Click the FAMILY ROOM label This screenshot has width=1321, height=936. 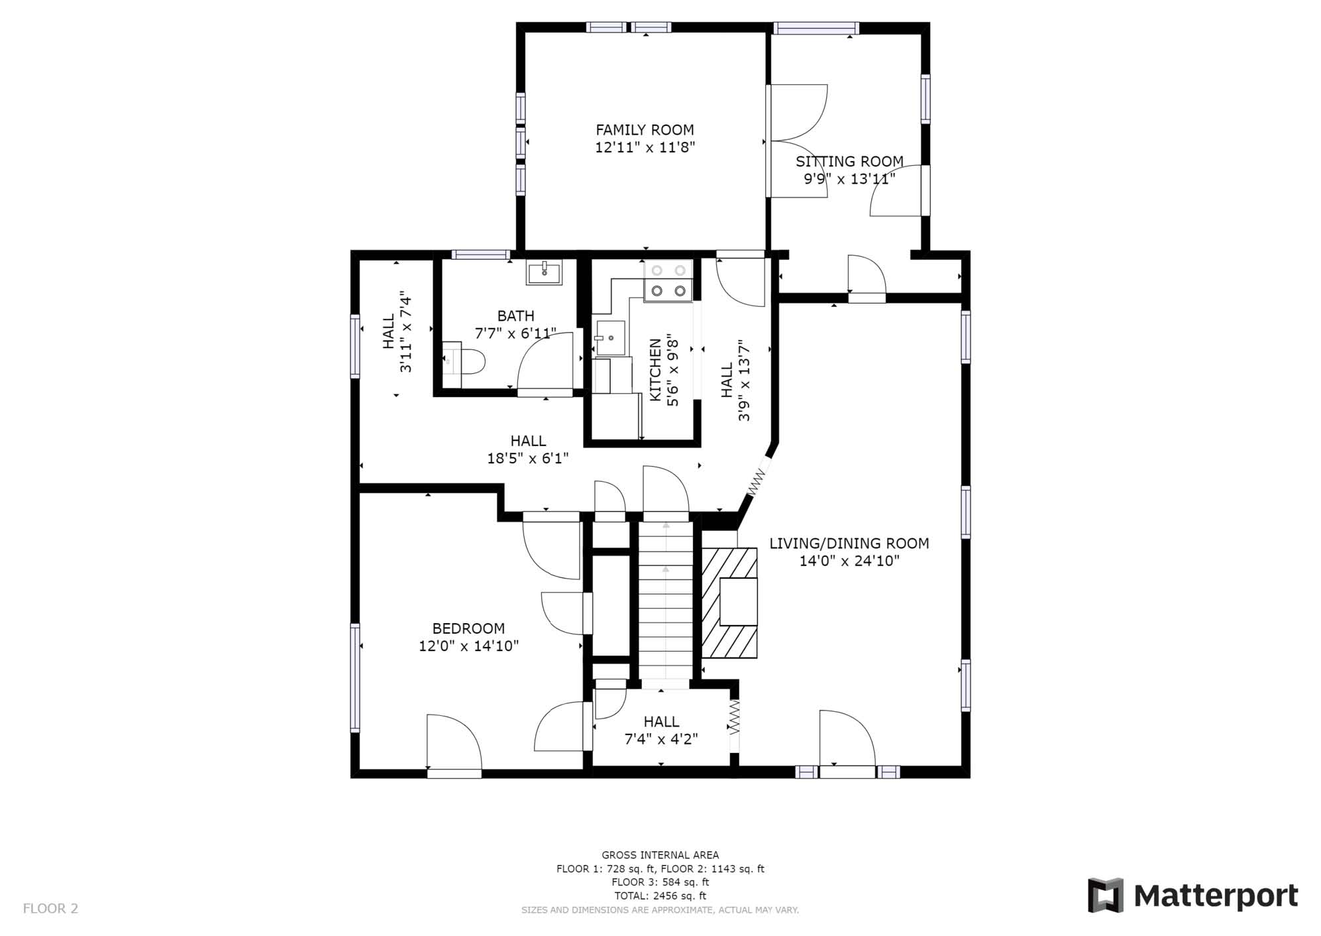645,130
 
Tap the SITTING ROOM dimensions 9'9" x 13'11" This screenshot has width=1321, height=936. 849,179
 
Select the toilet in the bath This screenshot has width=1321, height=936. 464,363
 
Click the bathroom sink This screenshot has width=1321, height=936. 544,272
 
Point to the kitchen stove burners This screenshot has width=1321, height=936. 668,280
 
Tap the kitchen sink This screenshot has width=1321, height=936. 609,338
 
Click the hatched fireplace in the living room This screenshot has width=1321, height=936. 729,603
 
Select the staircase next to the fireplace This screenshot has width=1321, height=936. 665,601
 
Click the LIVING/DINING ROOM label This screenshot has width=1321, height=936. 849,544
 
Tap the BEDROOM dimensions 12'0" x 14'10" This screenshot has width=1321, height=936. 468,646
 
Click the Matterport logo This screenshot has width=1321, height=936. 1192,896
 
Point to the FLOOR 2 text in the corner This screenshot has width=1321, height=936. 50,908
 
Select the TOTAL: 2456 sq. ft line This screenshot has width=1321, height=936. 660,896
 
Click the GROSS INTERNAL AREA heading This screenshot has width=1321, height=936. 660,855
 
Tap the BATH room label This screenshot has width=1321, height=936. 515,316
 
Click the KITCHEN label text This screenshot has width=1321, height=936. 655,370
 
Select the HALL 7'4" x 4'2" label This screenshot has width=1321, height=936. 661,730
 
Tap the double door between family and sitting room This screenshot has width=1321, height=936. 796,141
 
